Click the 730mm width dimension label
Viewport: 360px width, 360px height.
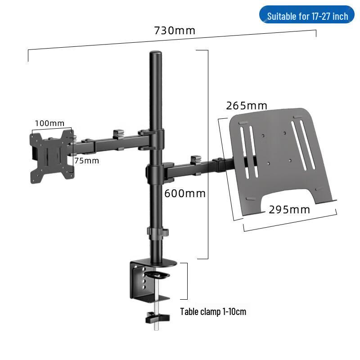point(175,31)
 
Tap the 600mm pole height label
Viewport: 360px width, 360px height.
point(185,193)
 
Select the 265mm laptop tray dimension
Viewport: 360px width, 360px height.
point(247,106)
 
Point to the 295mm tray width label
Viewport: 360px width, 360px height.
point(289,209)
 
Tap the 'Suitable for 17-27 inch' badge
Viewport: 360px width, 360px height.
point(307,16)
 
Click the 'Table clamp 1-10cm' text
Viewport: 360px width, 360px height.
point(213,311)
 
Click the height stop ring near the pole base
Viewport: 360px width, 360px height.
point(156,233)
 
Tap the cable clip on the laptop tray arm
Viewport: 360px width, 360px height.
point(195,160)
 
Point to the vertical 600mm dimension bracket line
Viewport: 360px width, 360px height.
point(208,153)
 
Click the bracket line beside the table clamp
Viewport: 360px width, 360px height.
point(187,281)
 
